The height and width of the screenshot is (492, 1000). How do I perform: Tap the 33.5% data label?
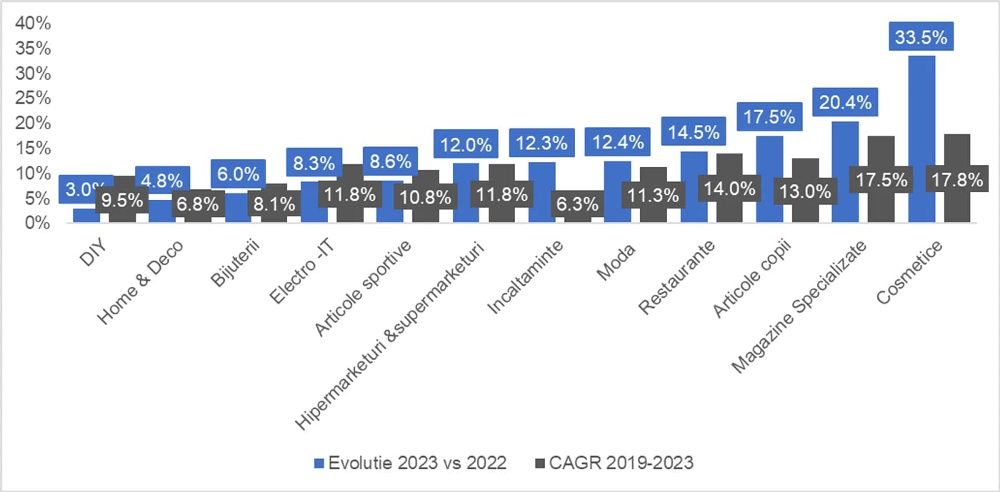pos(921,37)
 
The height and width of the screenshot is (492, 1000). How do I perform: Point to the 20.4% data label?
pos(844,103)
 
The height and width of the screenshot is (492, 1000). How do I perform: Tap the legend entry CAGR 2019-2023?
pos(614,463)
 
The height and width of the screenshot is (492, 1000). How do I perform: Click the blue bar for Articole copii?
pos(769,179)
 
